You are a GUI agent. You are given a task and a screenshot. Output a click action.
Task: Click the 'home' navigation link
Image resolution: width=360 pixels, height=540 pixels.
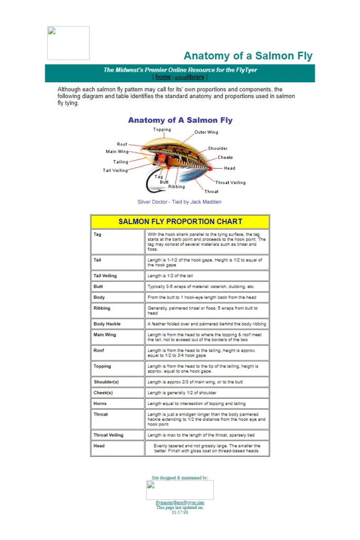[x=163, y=77]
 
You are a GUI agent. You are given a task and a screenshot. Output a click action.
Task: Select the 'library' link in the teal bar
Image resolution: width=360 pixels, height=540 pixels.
[x=195, y=77]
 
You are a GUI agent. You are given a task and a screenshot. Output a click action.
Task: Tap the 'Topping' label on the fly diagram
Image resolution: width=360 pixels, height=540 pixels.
[x=162, y=130]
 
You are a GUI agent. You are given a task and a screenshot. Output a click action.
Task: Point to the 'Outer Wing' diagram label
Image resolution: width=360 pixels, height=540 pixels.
[x=206, y=132]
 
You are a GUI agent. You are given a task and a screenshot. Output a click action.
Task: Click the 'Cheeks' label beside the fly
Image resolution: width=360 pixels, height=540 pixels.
[x=225, y=157]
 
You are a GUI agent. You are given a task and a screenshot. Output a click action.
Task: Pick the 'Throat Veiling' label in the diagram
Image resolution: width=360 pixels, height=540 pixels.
[x=230, y=182]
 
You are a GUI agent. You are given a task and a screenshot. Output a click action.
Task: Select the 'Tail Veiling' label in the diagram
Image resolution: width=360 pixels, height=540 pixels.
[x=115, y=170]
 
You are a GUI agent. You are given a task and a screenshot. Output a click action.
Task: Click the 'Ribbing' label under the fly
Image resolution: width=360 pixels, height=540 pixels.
[x=177, y=187]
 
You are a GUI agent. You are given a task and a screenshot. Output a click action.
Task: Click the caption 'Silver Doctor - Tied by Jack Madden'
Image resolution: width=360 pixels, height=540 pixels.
[x=179, y=202]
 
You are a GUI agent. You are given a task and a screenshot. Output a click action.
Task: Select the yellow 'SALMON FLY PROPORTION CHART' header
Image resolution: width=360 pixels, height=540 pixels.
[x=180, y=221]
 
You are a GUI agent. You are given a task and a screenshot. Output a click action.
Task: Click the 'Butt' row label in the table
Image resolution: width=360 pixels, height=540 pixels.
[x=99, y=286]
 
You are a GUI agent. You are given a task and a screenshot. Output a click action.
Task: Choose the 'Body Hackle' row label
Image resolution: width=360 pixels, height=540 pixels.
[x=107, y=324]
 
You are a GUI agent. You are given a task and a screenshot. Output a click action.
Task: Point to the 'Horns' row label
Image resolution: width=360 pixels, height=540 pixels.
[x=100, y=403]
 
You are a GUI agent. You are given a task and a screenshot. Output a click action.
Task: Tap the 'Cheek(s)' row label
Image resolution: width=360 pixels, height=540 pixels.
[x=103, y=393]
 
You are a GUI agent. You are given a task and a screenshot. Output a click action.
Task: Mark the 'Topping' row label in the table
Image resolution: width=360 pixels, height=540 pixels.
[x=102, y=366]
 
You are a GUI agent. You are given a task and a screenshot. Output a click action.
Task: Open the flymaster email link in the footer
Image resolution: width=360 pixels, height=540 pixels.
[x=180, y=503]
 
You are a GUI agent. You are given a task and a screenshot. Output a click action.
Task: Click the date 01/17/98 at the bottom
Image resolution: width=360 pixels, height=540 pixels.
[x=180, y=512]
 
